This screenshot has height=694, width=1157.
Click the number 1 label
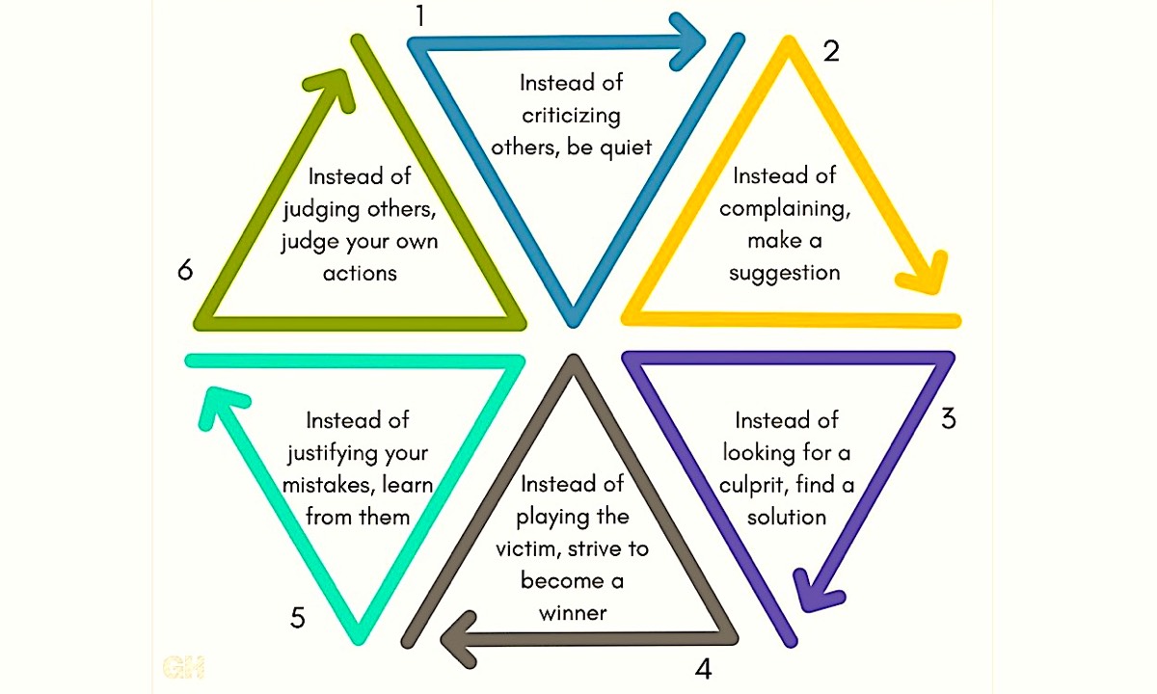coord(418,16)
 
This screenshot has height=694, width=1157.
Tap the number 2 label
coord(830,50)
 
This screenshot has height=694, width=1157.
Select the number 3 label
coord(949,419)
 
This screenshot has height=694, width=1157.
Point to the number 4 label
coord(703,668)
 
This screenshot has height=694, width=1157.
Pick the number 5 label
coord(297,617)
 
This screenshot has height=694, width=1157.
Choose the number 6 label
coord(185,271)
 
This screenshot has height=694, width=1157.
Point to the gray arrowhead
coord(457,637)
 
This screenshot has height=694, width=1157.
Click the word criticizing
coord(571,115)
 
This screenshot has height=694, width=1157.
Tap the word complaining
coord(784,208)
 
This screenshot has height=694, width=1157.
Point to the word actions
coord(360,273)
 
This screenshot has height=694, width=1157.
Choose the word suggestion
coord(784,273)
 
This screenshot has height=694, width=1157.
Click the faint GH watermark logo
coord(183,666)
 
